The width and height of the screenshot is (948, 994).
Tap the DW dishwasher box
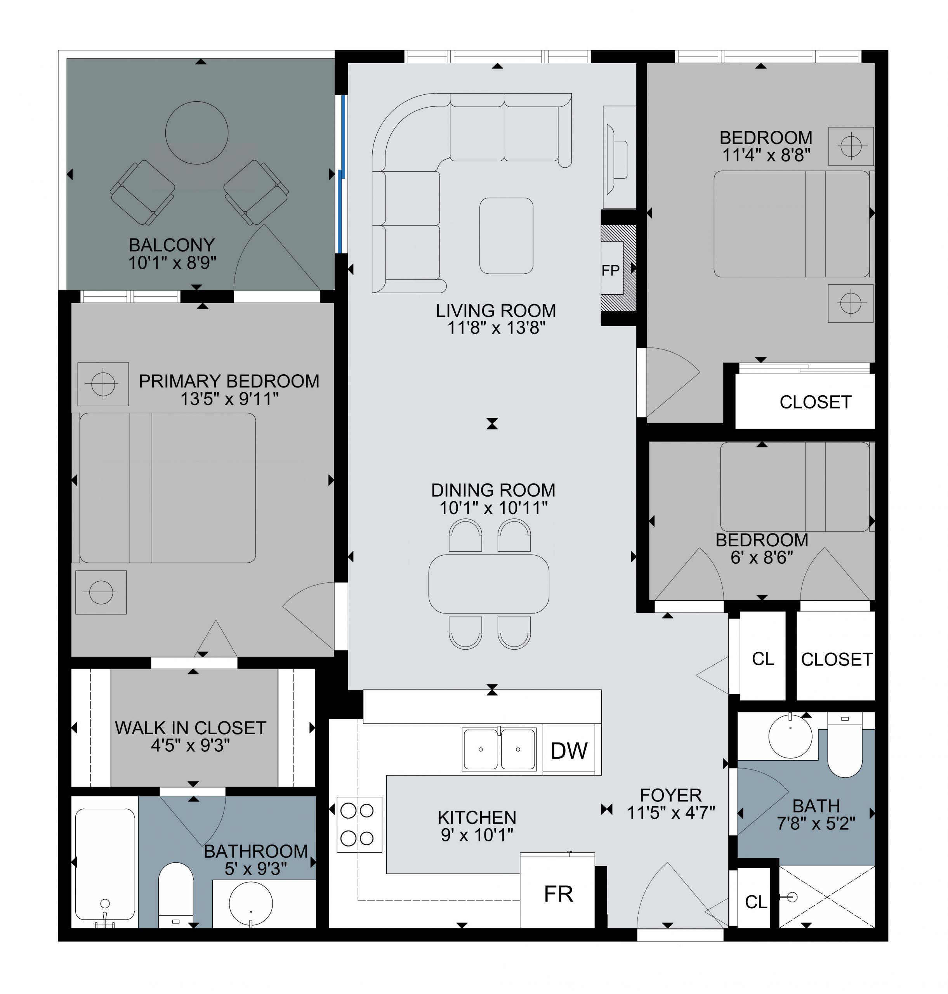[569, 751]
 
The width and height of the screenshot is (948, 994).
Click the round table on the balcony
[196, 133]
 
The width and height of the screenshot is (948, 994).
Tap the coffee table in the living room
[506, 235]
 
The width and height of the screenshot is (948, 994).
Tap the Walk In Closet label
[191, 728]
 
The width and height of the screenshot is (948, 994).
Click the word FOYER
[670, 796]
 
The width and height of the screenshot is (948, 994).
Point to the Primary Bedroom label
[229, 381]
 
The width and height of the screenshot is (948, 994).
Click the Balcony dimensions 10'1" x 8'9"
[172, 263]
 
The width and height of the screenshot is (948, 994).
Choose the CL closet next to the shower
[755, 902]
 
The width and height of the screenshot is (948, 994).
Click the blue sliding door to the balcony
[343, 174]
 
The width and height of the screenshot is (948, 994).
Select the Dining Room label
[493, 490]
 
